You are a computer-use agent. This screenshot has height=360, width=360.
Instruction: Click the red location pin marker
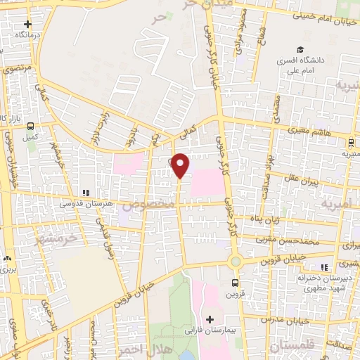pyautogui.click(x=181, y=165)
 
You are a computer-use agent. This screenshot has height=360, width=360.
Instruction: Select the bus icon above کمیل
pyautogui.click(x=30, y=127)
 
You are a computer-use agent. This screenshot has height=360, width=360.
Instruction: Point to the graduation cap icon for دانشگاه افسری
pyautogui.click(x=300, y=51)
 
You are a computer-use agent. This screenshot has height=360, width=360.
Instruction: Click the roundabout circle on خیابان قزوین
pyautogui.click(x=235, y=262)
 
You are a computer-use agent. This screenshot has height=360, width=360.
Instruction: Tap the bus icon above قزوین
pyautogui.click(x=236, y=283)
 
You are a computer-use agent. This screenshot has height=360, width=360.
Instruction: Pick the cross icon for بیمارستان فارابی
pyautogui.click(x=209, y=319)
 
